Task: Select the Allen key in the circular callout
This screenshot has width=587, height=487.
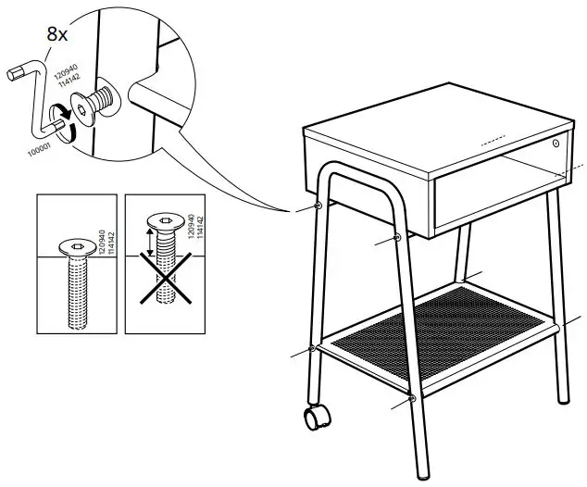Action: click(x=33, y=93)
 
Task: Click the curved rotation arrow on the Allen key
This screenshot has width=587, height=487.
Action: click(x=61, y=118)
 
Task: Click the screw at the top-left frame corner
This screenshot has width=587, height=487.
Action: click(x=319, y=205)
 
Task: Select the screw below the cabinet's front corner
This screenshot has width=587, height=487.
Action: click(x=398, y=239)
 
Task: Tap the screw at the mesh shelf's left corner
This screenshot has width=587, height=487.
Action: click(x=314, y=348)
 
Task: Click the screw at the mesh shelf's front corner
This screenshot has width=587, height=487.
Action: click(x=411, y=401)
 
